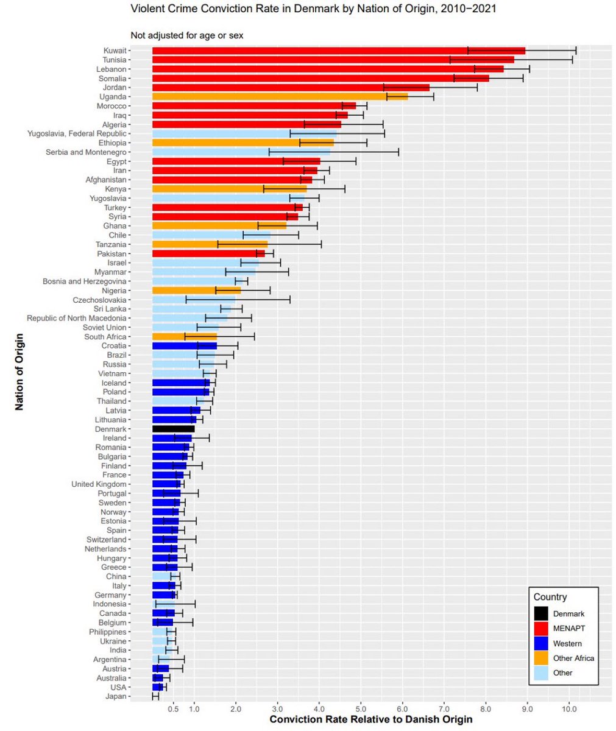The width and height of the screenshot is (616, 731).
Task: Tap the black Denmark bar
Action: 173,429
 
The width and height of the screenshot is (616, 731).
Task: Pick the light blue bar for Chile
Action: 211,235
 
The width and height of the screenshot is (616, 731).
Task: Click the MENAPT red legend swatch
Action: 541,629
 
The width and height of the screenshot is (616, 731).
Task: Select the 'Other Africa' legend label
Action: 573,658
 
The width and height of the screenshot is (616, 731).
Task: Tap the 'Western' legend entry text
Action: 567,643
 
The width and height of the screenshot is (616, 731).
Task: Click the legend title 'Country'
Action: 550,597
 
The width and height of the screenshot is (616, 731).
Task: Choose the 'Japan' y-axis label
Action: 115,696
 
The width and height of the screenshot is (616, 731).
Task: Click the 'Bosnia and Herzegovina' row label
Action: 85,281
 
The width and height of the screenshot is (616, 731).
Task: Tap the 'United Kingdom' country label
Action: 99,484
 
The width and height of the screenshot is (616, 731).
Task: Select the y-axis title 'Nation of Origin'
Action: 19,372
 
